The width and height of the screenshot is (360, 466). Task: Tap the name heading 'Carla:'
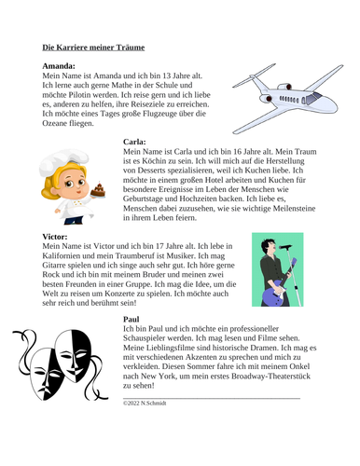[136, 142]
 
